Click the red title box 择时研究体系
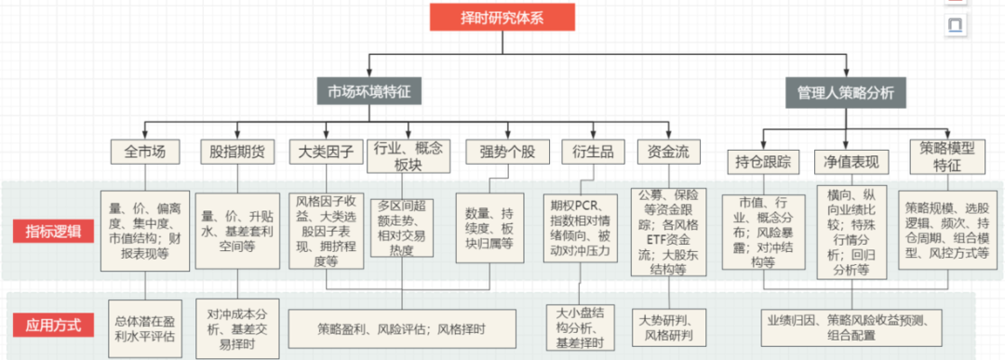[x=502, y=18]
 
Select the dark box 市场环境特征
[x=369, y=92]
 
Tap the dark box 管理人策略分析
[x=845, y=92]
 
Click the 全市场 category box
[x=139, y=152]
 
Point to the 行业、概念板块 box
[x=409, y=155]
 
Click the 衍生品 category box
[x=587, y=152]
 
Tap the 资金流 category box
[x=663, y=152]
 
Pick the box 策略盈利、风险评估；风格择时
[x=402, y=328]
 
